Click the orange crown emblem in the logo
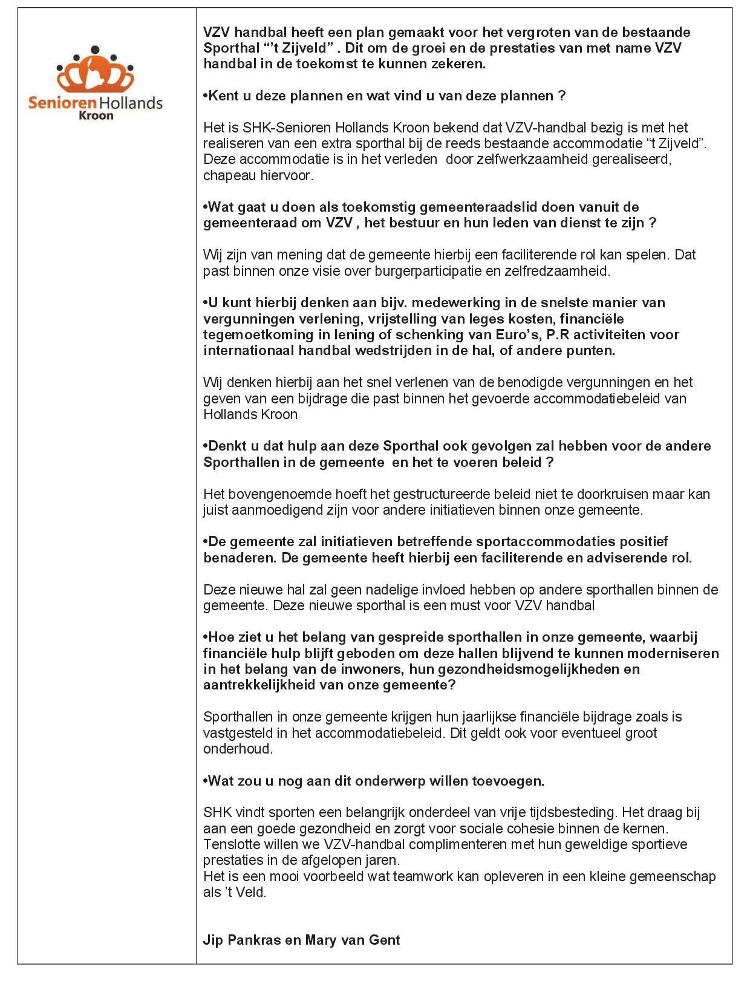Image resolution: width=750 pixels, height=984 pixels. coord(95,71)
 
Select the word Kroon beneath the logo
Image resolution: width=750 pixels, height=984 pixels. coord(96,115)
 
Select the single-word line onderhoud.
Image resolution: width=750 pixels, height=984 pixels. coord(238,749)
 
